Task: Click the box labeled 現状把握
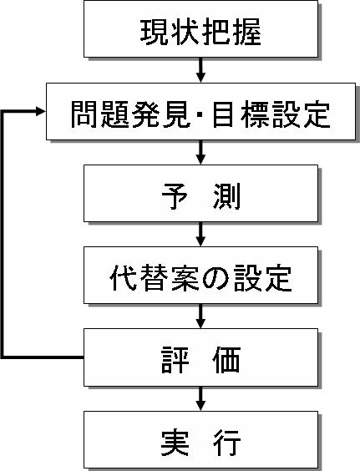click(x=200, y=29)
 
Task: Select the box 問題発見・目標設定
click(x=200, y=111)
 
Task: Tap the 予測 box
click(x=200, y=194)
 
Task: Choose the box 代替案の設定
click(x=200, y=275)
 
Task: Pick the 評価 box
click(x=200, y=357)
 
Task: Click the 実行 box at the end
click(x=200, y=440)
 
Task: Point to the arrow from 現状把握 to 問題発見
click(x=200, y=70)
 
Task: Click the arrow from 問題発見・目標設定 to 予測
click(x=200, y=152)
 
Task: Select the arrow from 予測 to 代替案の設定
click(x=200, y=235)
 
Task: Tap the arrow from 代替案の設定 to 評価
click(x=200, y=316)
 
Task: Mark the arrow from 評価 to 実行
click(x=200, y=398)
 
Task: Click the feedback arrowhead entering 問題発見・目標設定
click(x=41, y=111)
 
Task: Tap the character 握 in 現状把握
click(x=247, y=33)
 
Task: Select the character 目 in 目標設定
click(x=223, y=114)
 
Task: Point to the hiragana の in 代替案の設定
click(x=215, y=278)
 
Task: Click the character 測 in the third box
click(x=227, y=196)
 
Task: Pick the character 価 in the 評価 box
click(x=226, y=360)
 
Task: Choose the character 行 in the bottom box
click(x=227, y=443)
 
